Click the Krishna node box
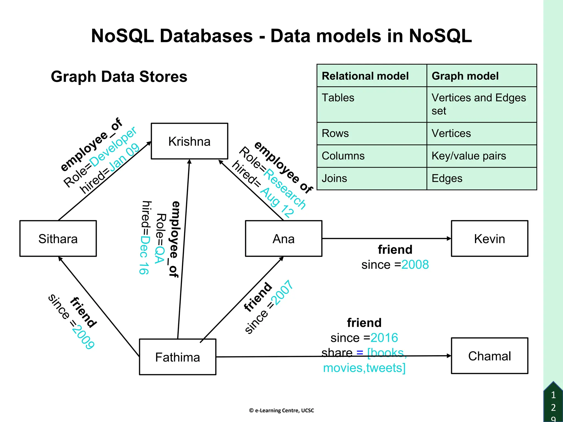tap(189, 141)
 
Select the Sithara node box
tap(58, 238)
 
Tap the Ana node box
tap(283, 238)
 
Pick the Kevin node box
tap(489, 238)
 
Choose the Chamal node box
tap(489, 356)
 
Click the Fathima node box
tap(178, 357)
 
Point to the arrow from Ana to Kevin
tap(386, 238)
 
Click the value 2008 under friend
tap(415, 265)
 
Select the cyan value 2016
tap(384, 338)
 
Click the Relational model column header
tap(365, 76)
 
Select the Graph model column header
tap(465, 76)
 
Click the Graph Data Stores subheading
tap(119, 77)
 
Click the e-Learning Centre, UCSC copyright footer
tap(281, 410)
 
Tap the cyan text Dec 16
tap(144, 255)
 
